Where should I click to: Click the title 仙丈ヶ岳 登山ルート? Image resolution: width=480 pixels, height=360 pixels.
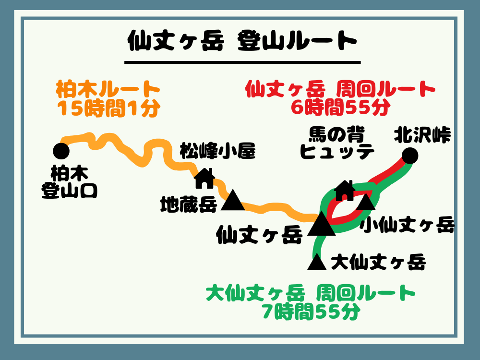(242, 41)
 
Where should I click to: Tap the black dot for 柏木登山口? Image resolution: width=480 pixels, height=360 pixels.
(61, 151)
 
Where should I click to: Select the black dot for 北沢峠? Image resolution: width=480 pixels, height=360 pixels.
(409, 155)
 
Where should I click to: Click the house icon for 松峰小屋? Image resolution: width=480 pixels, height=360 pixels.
(204, 179)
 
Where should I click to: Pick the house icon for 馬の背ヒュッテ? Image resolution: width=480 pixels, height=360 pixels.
(345, 191)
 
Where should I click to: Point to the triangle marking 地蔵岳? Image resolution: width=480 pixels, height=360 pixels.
(234, 201)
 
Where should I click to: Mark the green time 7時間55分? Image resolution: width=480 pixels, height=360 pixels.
(311, 312)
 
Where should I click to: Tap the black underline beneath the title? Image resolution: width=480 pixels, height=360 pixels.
(242, 62)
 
